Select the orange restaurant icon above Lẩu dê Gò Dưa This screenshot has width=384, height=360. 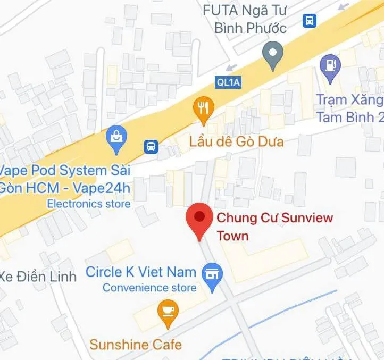203,108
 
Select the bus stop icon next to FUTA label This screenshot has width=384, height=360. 309,21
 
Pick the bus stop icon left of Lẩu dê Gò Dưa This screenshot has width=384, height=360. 151,146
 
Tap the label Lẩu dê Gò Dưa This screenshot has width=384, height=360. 236,142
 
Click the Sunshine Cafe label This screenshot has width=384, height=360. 136,344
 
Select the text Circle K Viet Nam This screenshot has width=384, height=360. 141,272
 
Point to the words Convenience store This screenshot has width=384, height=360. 149,288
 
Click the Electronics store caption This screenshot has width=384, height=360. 88,204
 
